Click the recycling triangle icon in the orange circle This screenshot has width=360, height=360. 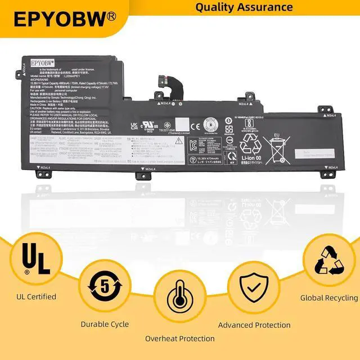pos(329,259)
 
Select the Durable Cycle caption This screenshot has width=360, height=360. pos(105,325)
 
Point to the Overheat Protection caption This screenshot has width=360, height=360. pos(180,339)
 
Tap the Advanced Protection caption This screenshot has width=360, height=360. pos(254,325)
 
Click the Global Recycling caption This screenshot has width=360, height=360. pos(329,298)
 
